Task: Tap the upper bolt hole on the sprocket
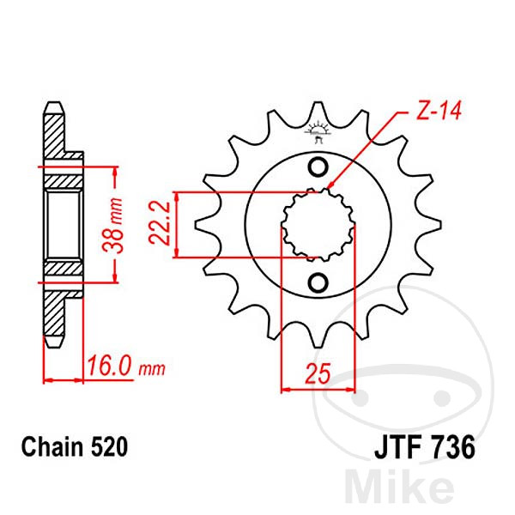click(318, 167)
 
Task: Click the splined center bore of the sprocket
click(318, 225)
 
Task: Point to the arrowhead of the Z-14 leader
click(330, 186)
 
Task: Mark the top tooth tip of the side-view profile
click(53, 106)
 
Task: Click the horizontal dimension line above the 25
click(318, 389)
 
